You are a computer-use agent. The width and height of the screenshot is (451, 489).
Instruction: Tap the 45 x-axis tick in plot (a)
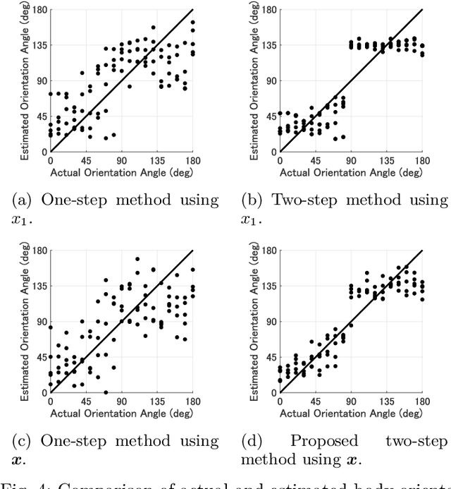[x=86, y=160]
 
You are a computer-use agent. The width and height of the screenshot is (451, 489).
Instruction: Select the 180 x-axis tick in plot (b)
[x=423, y=160]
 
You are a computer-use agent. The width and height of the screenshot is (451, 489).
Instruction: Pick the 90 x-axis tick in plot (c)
[x=122, y=402]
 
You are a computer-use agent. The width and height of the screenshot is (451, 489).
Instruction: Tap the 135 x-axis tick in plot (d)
[x=387, y=402]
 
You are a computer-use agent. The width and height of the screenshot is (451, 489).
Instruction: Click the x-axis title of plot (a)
[x=122, y=171]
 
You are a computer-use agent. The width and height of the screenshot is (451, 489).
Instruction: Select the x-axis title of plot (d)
[x=352, y=413]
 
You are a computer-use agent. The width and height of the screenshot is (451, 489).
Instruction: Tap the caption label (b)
[x=251, y=200]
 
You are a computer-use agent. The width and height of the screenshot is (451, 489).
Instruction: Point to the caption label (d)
[x=251, y=442]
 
